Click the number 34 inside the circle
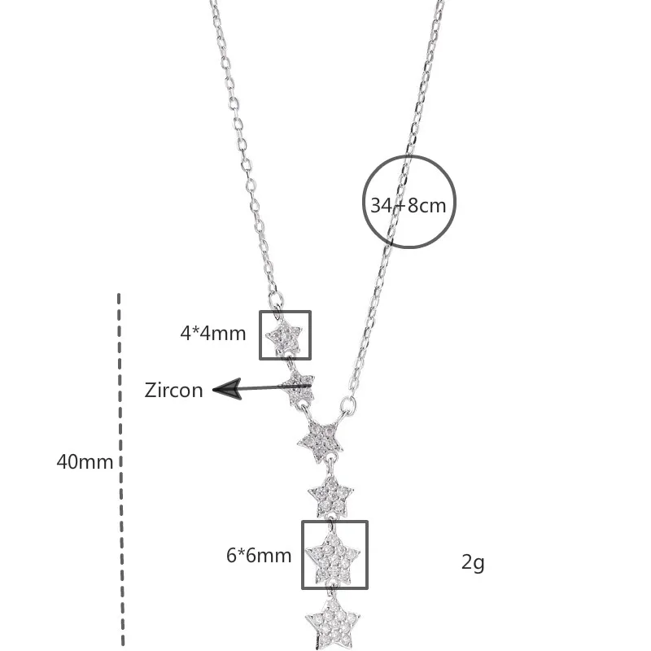[381, 205]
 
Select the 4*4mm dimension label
[213, 333]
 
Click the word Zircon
[173, 391]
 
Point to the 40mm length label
[85, 461]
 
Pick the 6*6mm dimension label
[259, 556]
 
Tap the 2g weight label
[473, 561]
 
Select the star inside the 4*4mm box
[286, 335]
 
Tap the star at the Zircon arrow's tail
[299, 388]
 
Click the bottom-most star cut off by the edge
[332, 623]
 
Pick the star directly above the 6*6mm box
[330, 494]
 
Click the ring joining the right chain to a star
[348, 404]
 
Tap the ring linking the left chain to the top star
[277, 312]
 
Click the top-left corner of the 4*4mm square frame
[261, 312]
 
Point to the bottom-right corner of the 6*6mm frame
[366, 587]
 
